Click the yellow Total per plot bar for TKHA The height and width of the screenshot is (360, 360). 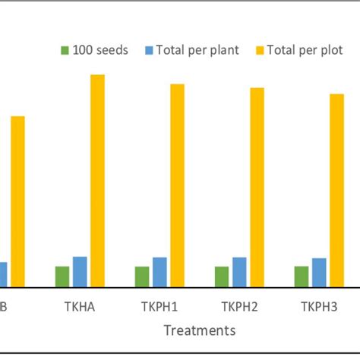98,181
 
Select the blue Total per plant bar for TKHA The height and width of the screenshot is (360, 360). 80,272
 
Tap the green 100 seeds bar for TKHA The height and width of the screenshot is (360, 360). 62,276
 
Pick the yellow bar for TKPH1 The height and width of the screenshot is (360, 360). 177,185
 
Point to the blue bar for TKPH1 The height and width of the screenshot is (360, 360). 159,272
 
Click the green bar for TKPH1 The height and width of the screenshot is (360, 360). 142,276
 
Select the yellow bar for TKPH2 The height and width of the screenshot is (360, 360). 257,188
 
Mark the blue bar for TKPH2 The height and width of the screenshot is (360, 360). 239,272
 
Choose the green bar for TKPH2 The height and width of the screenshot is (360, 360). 222,276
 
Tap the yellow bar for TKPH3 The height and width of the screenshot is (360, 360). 336,191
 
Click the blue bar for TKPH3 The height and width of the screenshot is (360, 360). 319,273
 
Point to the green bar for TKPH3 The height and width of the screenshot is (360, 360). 302,276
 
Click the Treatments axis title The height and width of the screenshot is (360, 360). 199,330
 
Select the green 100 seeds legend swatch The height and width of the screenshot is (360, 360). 65,51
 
